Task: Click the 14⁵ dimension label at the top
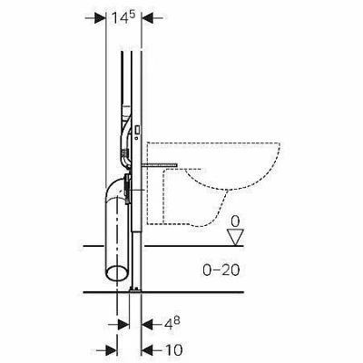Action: click(x=123, y=18)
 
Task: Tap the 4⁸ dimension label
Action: click(x=172, y=324)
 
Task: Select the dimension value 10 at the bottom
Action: click(x=173, y=350)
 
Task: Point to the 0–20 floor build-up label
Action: click(x=221, y=270)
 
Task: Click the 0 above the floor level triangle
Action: click(x=235, y=221)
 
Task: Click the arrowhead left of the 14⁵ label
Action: click(x=100, y=18)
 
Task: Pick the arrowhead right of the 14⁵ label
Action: click(x=147, y=18)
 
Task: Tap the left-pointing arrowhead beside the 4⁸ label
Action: click(x=147, y=325)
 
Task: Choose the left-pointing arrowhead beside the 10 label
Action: click(x=147, y=350)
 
